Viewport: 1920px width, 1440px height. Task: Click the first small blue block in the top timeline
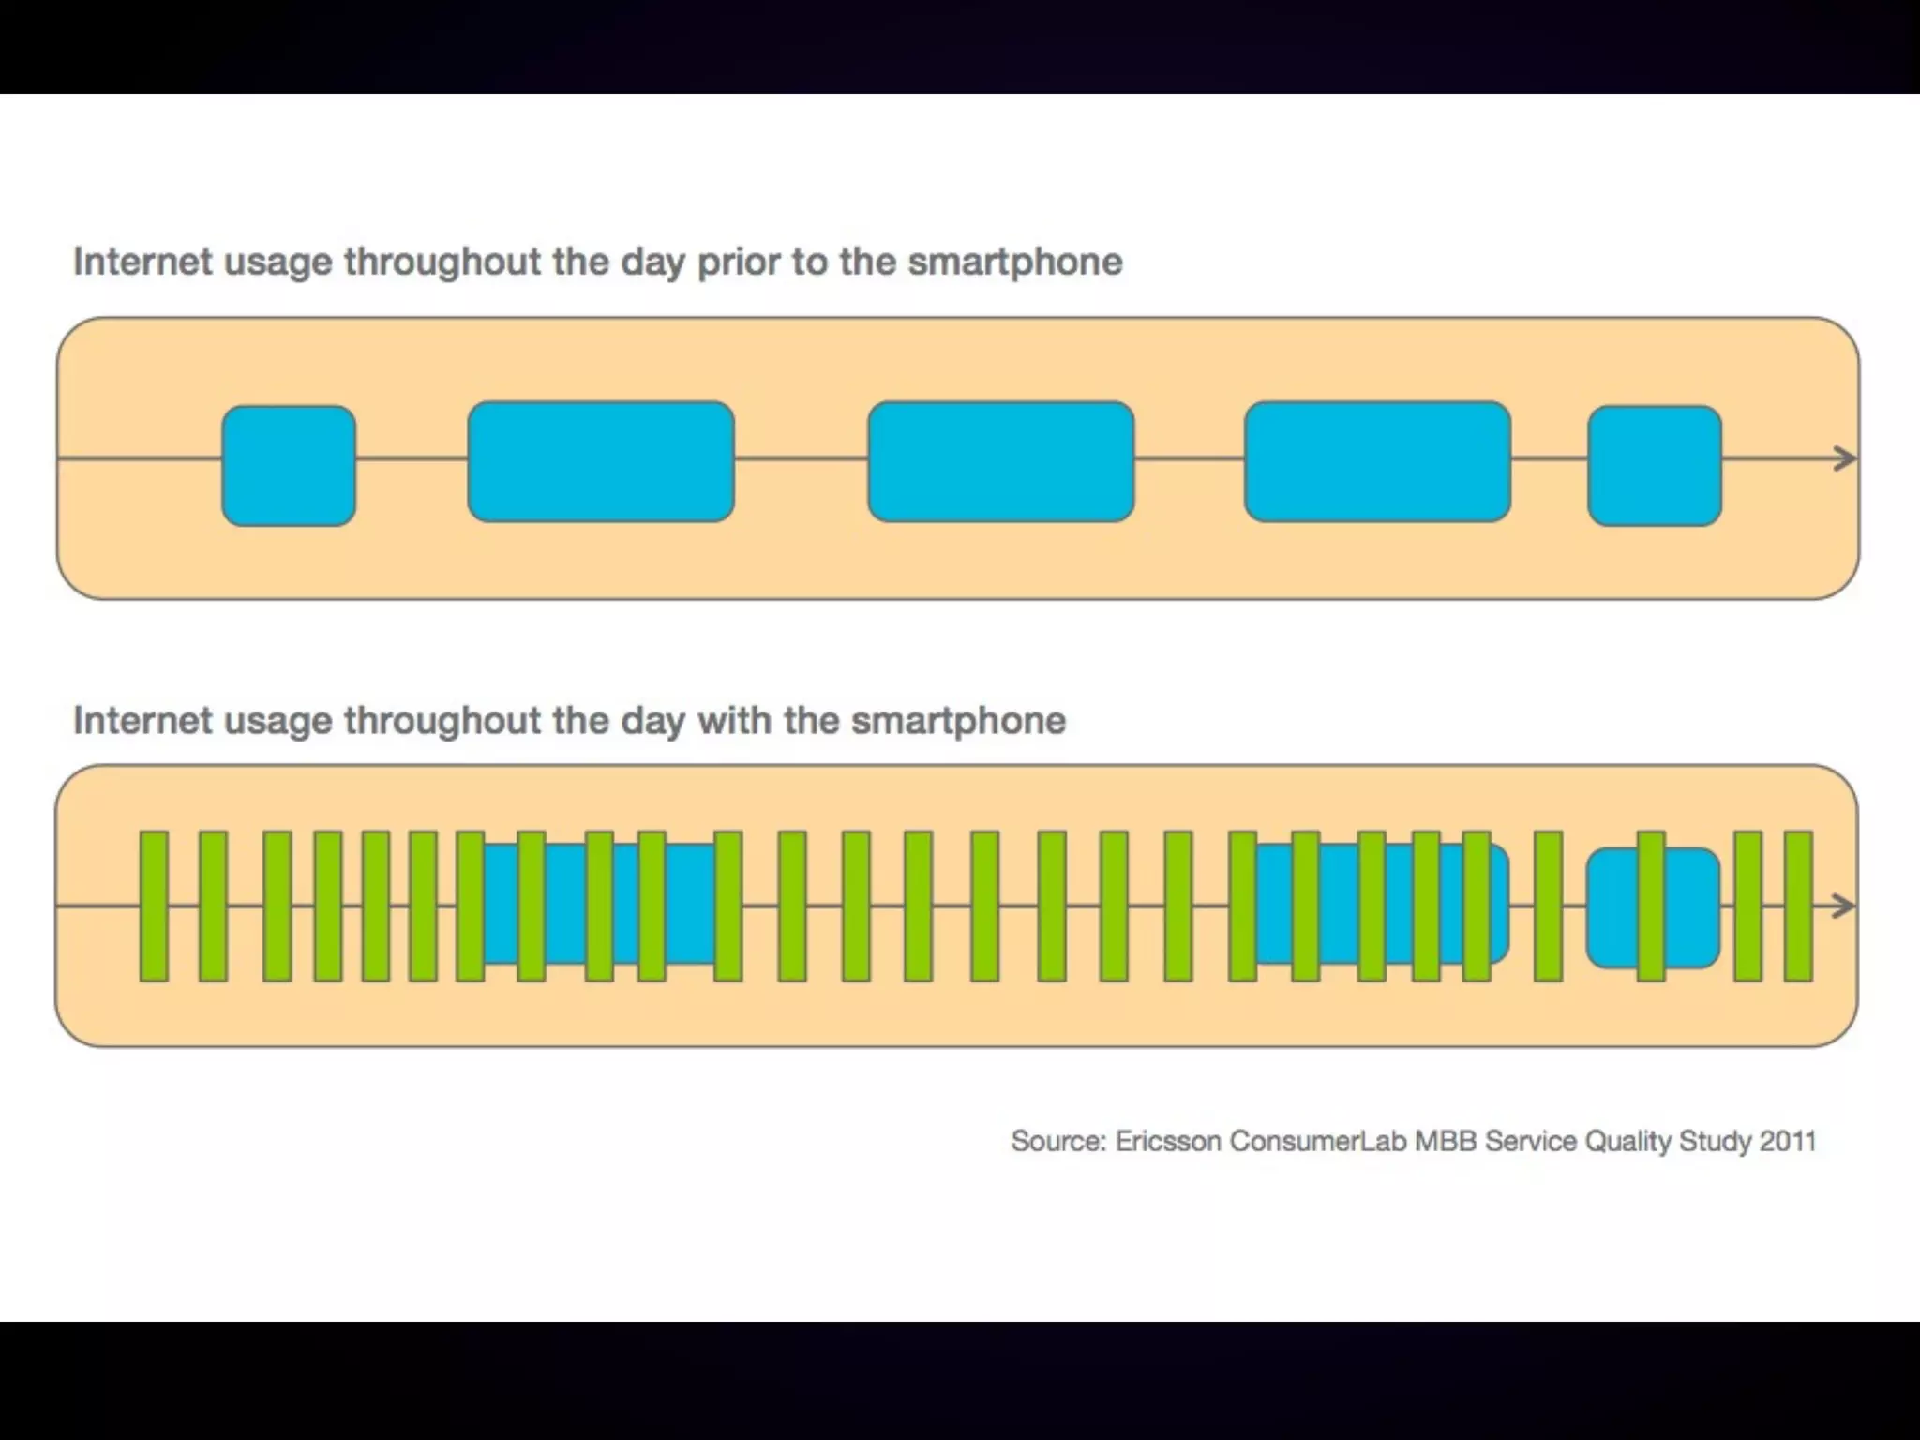click(x=289, y=465)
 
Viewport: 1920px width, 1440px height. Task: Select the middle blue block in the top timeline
click(x=1001, y=461)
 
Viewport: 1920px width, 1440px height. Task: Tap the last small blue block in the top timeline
click(x=1655, y=465)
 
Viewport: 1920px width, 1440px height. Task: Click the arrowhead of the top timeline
click(x=1845, y=458)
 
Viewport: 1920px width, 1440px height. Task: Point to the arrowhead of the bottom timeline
click(x=1843, y=906)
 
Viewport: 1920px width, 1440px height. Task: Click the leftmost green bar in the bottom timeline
click(x=154, y=906)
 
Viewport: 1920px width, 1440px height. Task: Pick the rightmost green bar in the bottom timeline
click(x=1798, y=906)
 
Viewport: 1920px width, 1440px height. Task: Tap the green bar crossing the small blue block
click(x=1651, y=906)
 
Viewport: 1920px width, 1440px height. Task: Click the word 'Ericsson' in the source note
click(x=1168, y=1141)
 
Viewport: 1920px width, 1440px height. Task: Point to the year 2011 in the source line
click(x=1788, y=1141)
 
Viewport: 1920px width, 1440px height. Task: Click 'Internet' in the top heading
click(x=142, y=262)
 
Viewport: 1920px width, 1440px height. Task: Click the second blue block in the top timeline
click(x=601, y=461)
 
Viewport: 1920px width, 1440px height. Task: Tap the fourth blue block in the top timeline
click(x=1377, y=461)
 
